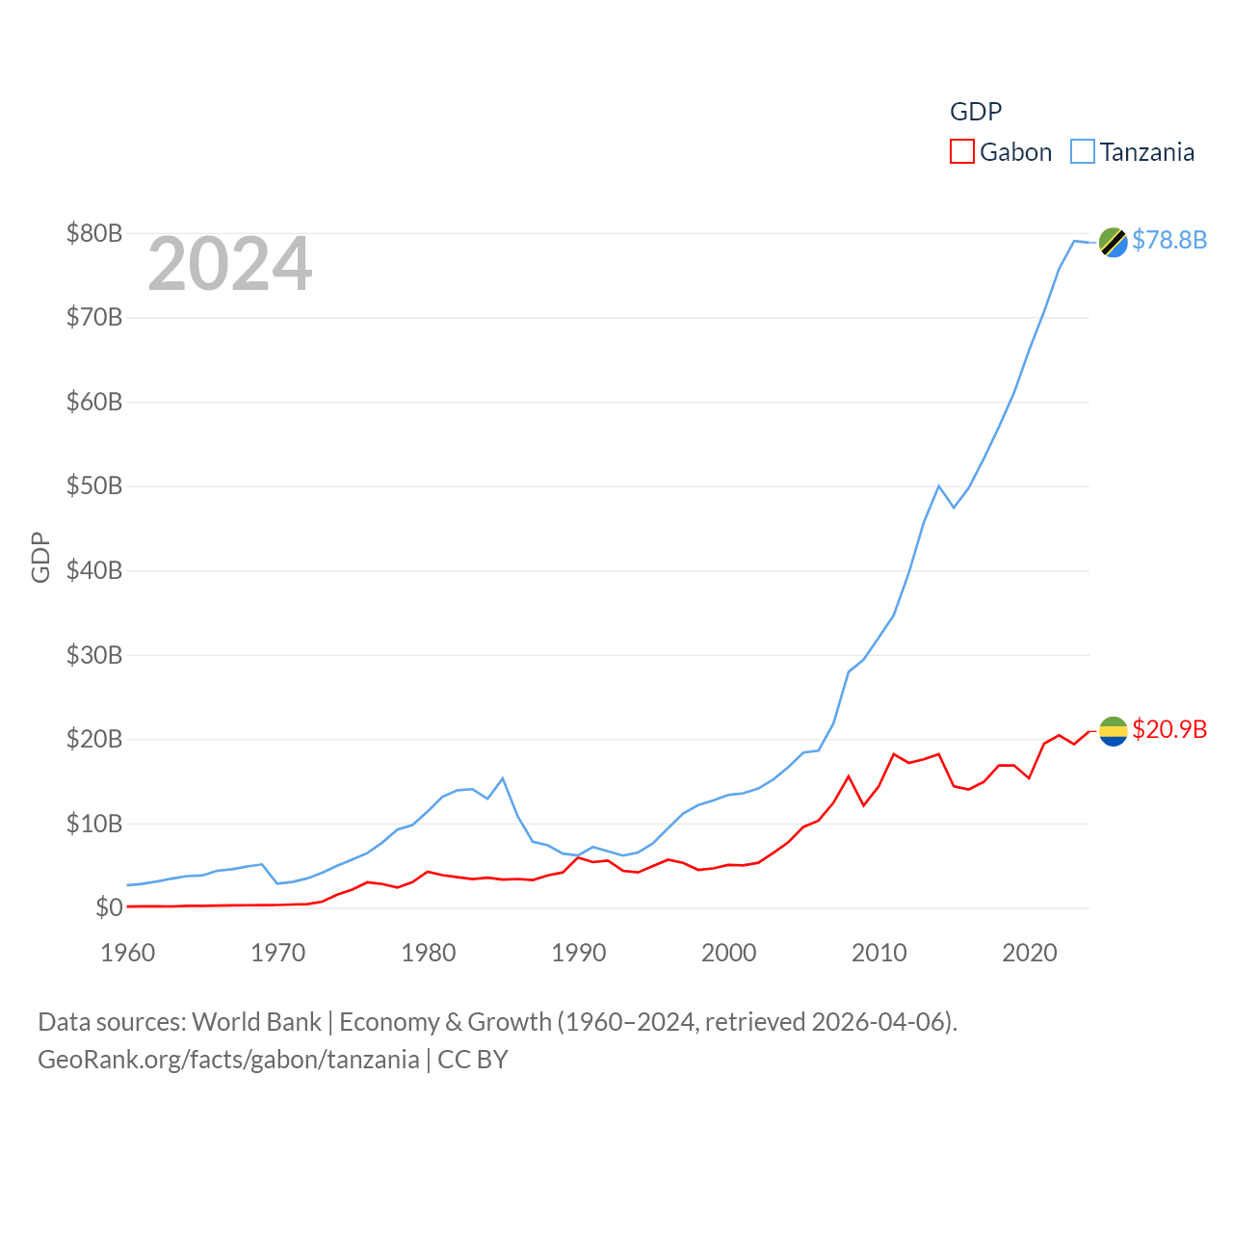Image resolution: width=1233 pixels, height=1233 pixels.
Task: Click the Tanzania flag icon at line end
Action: tap(1113, 242)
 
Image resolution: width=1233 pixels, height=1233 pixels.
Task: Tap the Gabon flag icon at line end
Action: tap(1113, 731)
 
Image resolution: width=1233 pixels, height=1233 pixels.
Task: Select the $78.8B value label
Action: tap(1169, 240)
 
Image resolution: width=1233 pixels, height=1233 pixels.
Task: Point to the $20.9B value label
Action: tap(1169, 729)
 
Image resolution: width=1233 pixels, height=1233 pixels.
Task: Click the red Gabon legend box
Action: tap(961, 152)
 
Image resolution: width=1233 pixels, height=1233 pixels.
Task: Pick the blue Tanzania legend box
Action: tap(1083, 152)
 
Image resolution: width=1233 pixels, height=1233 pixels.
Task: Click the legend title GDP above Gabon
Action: tap(976, 112)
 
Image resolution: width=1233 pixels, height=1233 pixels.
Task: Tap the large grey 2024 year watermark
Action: tap(229, 264)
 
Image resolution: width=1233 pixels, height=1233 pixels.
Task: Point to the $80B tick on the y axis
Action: tap(94, 233)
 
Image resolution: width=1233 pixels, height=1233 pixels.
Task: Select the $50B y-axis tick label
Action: tap(94, 485)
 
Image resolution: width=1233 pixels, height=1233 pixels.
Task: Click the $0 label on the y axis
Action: tap(109, 907)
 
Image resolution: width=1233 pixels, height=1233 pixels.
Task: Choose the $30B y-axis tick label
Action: tap(94, 655)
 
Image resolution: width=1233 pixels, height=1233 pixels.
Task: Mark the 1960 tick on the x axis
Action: tap(128, 953)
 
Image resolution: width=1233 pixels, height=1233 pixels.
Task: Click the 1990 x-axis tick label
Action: tap(579, 953)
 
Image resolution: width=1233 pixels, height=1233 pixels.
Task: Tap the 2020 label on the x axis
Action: tap(1030, 953)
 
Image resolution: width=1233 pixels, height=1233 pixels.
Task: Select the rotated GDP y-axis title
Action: tap(40, 557)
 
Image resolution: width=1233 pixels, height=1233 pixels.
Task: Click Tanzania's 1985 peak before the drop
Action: tap(503, 778)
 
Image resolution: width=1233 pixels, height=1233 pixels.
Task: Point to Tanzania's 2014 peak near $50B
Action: tap(938, 485)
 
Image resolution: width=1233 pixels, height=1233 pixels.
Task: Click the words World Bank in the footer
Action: tap(256, 1021)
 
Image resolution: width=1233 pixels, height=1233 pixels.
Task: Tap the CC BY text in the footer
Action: tap(472, 1060)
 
